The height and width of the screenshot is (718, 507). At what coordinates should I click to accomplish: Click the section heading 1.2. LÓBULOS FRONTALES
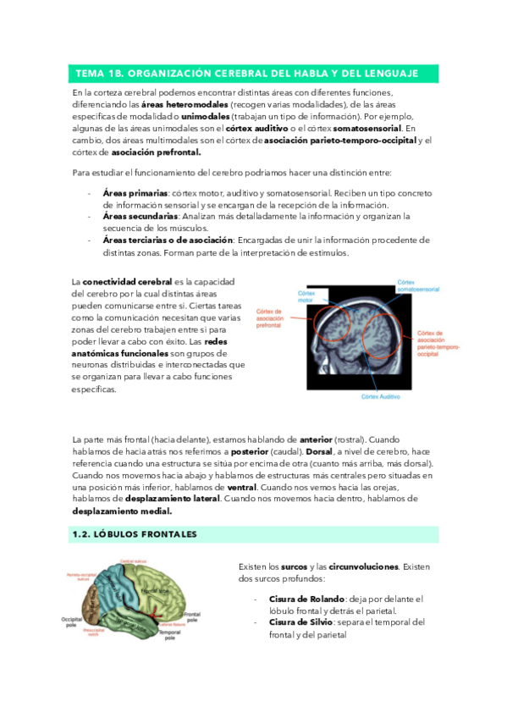click(x=136, y=534)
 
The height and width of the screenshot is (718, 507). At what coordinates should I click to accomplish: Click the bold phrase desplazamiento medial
click(x=122, y=511)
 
